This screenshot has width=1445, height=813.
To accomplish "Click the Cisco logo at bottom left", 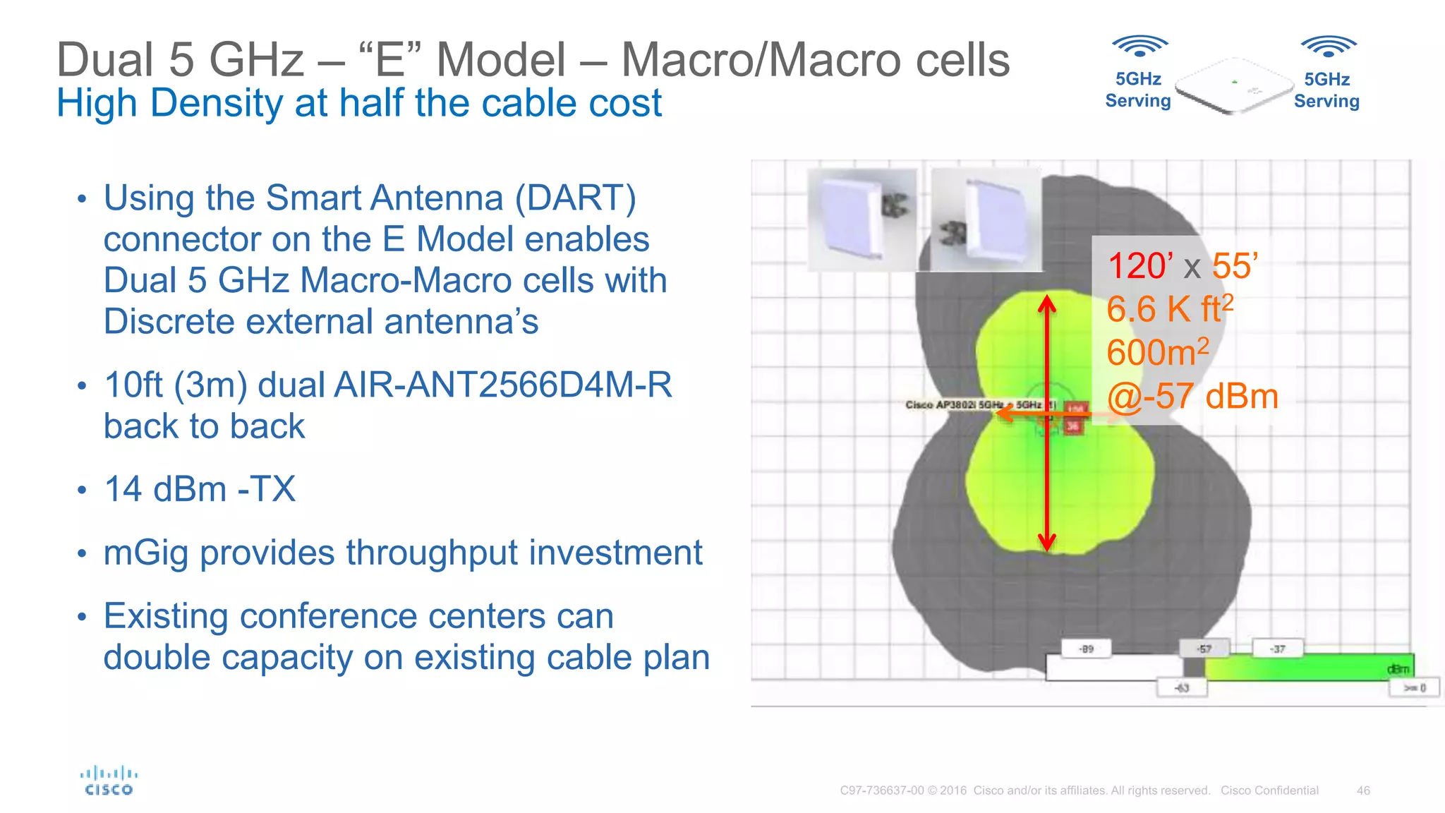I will [x=109, y=781].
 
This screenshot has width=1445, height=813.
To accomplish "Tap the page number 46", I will [x=1363, y=790].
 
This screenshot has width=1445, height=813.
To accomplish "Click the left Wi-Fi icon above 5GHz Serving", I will [x=1139, y=47].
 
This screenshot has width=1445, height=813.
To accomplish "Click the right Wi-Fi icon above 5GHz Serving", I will [x=1328, y=47].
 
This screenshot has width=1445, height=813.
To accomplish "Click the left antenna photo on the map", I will [x=861, y=219].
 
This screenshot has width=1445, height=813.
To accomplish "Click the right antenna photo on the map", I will [x=986, y=219].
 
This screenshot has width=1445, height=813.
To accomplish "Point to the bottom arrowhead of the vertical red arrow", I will [x=1047, y=542].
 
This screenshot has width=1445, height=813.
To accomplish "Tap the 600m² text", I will [x=1157, y=352].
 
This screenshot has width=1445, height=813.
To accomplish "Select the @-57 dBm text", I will [x=1192, y=396].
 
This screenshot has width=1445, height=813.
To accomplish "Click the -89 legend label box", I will [x=1087, y=649].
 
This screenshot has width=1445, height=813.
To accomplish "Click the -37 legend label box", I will [x=1278, y=649].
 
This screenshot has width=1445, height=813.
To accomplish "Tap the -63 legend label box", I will [x=1182, y=687].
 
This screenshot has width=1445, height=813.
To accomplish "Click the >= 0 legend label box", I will [x=1414, y=687].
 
